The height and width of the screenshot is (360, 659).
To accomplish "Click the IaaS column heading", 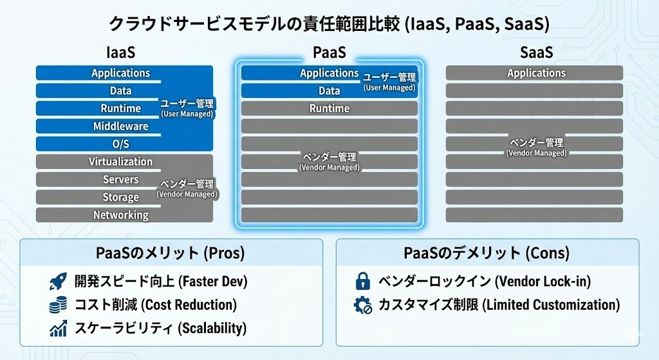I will click(x=121, y=52).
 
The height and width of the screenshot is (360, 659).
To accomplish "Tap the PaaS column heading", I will click(x=329, y=52).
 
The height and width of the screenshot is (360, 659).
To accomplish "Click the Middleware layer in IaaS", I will click(x=121, y=126).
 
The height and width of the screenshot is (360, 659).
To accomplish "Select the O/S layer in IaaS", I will click(x=121, y=144).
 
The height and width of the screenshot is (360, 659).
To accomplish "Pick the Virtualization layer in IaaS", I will click(x=121, y=162).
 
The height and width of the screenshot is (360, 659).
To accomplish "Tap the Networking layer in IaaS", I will click(x=121, y=215).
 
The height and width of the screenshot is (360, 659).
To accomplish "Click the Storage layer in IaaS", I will click(x=121, y=197).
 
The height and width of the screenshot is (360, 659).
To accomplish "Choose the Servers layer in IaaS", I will click(x=121, y=179).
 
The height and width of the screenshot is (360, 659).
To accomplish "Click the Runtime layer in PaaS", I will click(x=329, y=108).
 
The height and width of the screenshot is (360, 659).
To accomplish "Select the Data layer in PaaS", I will click(x=329, y=91).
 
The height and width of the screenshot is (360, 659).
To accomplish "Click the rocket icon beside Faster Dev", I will click(x=59, y=281).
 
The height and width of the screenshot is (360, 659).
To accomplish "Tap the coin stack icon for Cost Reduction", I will click(x=59, y=305).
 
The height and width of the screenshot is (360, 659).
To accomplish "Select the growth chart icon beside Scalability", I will click(x=59, y=328).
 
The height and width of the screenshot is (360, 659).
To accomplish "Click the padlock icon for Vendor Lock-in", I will click(x=363, y=281).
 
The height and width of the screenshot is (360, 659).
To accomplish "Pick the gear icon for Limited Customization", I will click(x=363, y=305).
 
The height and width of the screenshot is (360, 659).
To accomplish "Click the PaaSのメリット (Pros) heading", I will click(x=171, y=253).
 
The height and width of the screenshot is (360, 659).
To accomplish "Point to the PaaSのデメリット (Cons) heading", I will click(x=487, y=253).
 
